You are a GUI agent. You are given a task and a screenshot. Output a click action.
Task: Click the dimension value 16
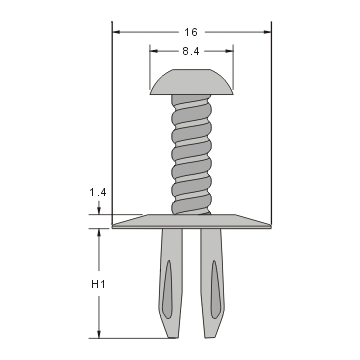[x=192, y=32]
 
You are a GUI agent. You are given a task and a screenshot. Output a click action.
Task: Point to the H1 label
[x=98, y=285]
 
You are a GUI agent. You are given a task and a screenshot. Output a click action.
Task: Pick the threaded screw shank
[x=192, y=155]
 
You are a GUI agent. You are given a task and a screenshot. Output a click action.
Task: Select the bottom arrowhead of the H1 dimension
[x=98, y=336]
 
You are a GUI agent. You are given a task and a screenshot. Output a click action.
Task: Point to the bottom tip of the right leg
[x=213, y=337]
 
